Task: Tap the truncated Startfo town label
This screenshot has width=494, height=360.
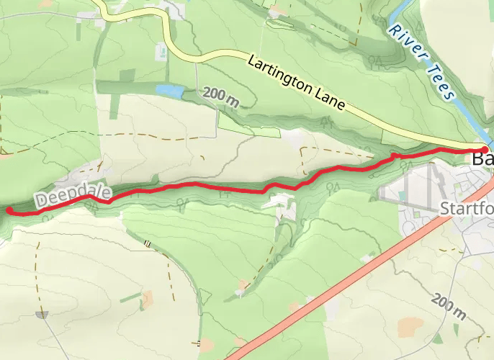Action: [x=465, y=209]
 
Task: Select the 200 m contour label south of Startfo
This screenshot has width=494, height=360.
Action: [x=447, y=307]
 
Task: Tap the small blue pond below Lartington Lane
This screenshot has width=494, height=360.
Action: [x=171, y=91]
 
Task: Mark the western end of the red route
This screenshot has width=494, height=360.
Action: [x=9, y=210]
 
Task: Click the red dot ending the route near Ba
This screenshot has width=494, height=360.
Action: [x=485, y=149]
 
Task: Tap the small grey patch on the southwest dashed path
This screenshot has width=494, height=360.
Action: [x=42, y=315]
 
